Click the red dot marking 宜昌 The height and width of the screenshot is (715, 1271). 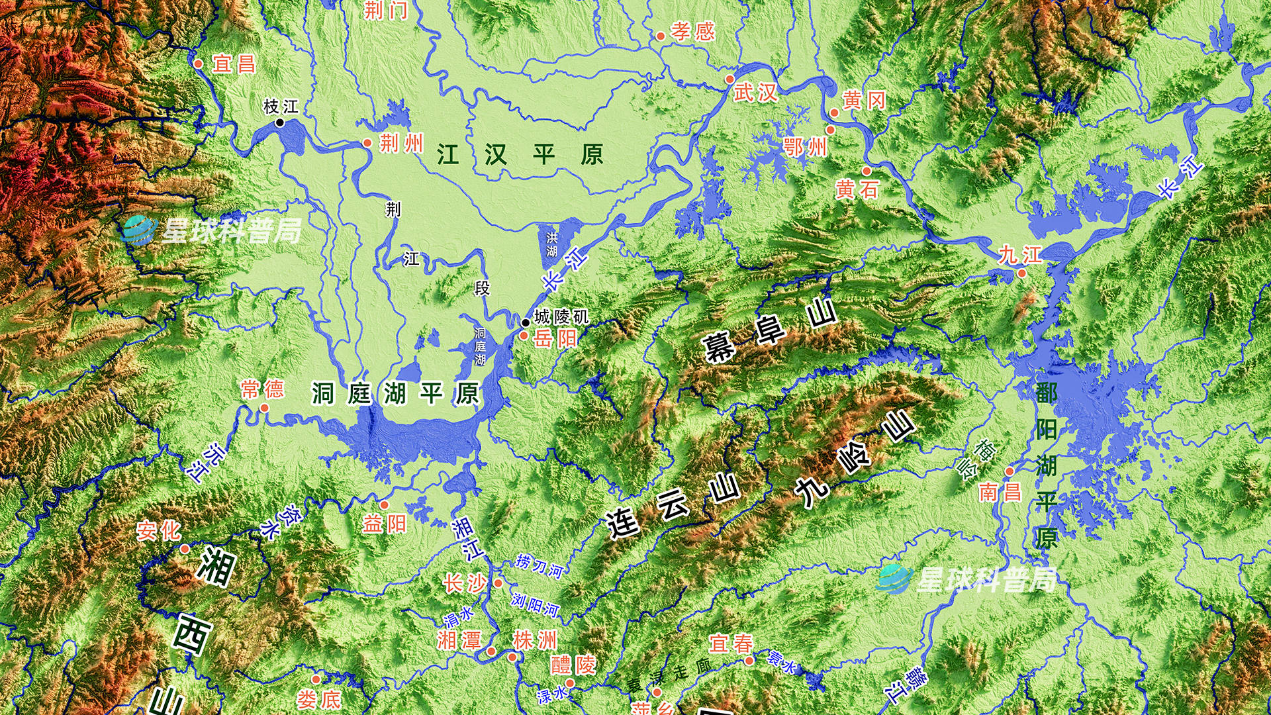(198, 64)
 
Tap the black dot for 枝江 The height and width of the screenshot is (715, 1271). (279, 122)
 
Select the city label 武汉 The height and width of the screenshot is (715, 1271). (755, 93)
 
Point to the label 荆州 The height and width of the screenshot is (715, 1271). (401, 143)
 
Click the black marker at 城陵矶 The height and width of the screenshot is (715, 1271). (525, 322)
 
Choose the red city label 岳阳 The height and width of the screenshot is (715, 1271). (555, 338)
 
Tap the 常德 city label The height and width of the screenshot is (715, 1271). (262, 389)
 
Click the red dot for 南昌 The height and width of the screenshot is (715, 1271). (1010, 471)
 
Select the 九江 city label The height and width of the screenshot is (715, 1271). (1020, 254)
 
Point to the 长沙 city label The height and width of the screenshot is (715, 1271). (465, 583)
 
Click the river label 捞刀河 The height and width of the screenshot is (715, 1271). (540, 566)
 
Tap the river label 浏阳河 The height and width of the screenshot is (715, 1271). (535, 604)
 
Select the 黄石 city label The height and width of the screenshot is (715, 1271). (857, 190)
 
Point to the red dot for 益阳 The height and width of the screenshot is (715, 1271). (384, 505)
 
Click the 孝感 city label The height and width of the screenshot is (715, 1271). (692, 31)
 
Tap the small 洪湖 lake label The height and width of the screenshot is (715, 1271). (551, 244)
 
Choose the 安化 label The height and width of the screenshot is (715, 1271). (158, 530)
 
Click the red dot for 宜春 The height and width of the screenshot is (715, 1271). (749, 661)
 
